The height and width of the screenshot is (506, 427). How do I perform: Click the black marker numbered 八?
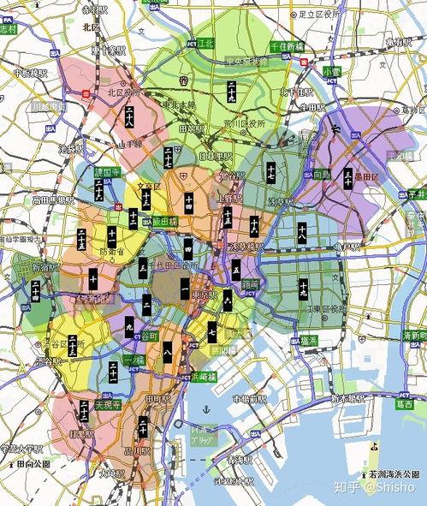(168, 350)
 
